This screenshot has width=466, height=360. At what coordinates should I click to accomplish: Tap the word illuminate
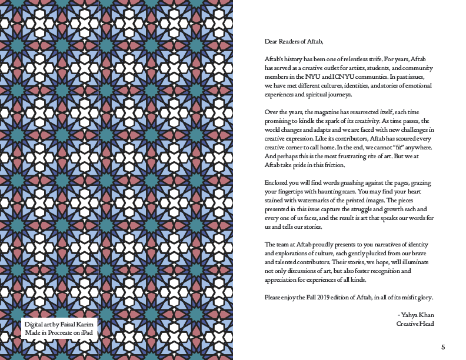pos(419,262)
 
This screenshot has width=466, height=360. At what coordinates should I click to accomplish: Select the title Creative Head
pos(415,324)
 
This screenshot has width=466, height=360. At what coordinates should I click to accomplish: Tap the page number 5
pos(442,346)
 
